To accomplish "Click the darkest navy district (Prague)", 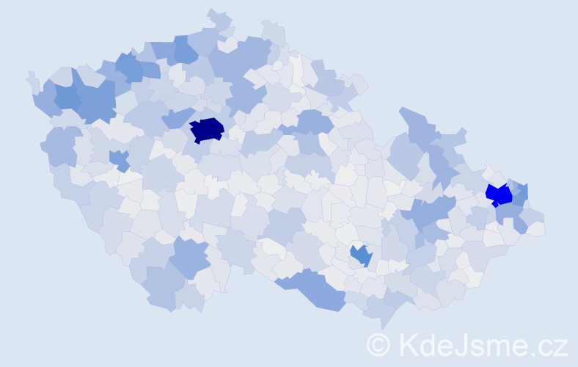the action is [x=207, y=129].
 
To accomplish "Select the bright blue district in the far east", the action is [x=499, y=195].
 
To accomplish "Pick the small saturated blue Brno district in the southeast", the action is [x=360, y=255].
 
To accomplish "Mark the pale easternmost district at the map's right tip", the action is [x=535, y=229].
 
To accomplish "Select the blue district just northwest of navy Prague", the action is [x=178, y=117].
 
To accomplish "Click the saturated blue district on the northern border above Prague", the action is [x=186, y=51].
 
